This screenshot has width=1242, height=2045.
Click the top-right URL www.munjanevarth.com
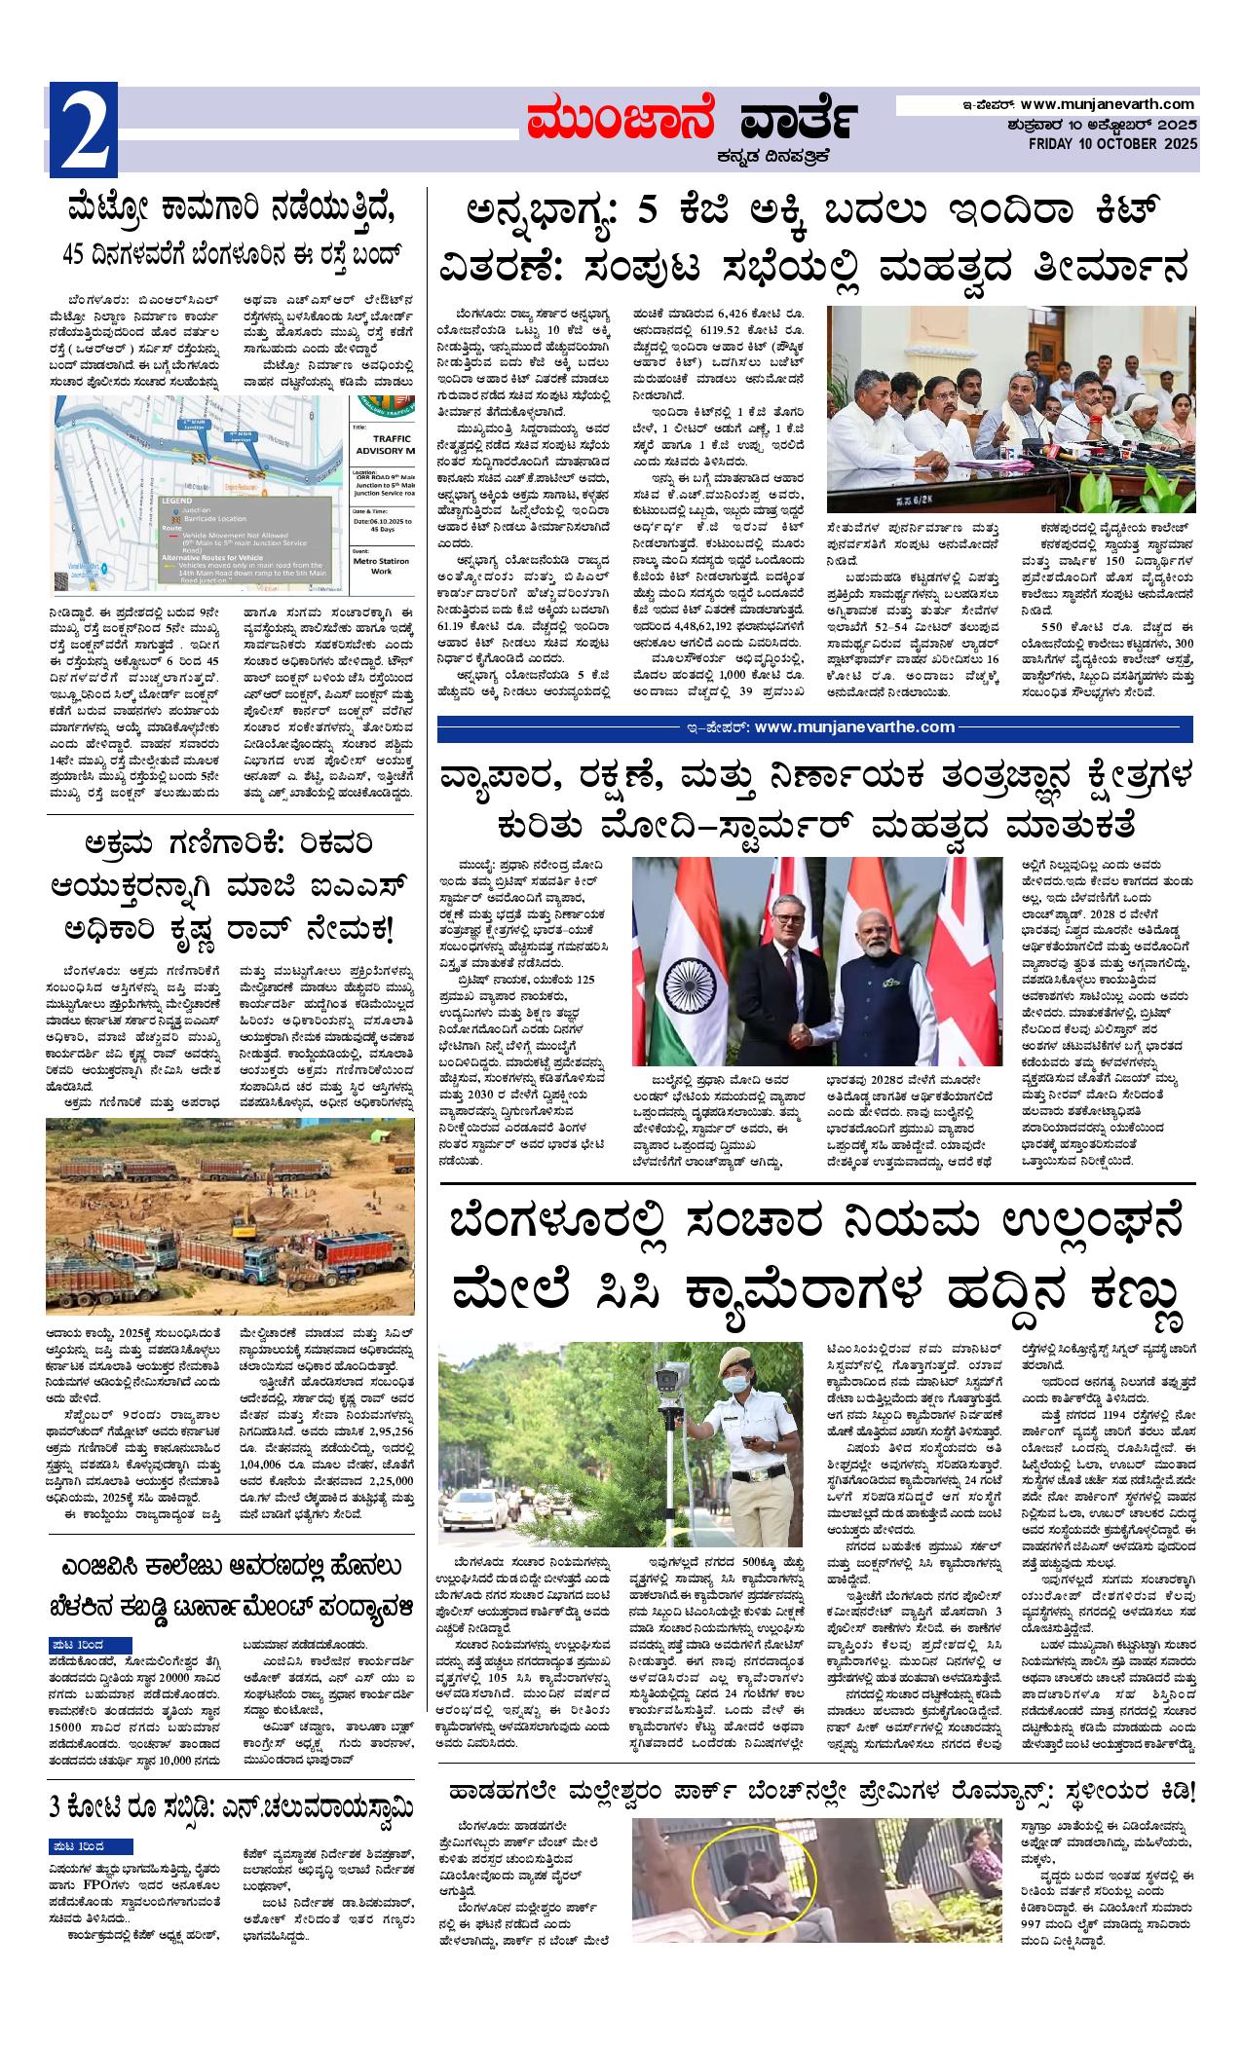click(x=1108, y=104)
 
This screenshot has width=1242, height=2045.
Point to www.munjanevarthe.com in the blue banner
click(x=854, y=726)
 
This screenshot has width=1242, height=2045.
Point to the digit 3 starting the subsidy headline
click(x=56, y=1806)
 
